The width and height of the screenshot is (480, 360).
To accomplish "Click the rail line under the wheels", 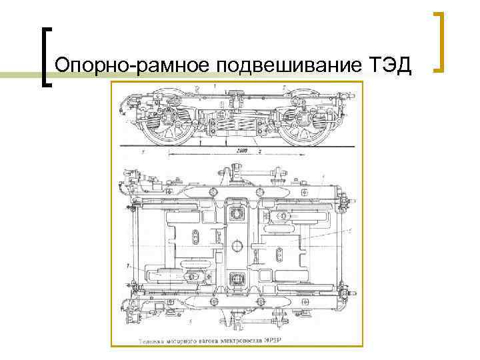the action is point(233,145).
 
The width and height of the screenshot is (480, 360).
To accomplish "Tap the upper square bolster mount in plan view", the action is point(235,213).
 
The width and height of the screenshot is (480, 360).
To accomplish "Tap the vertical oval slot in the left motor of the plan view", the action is point(195,238).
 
